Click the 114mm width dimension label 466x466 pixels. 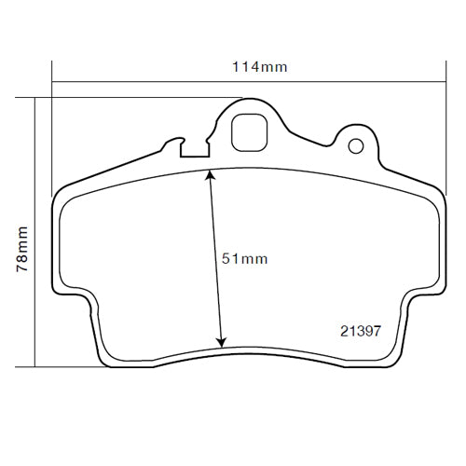(x=258, y=67)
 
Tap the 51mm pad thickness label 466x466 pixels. (x=244, y=259)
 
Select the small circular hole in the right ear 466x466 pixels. (x=355, y=145)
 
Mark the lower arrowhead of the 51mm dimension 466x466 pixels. (x=222, y=342)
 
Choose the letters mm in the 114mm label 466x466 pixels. (x=274, y=67)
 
